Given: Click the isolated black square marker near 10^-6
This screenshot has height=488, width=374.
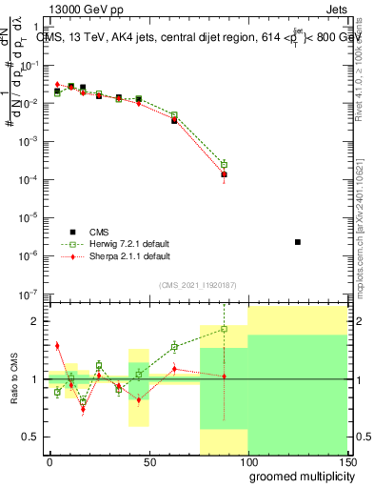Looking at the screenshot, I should tap(298, 242).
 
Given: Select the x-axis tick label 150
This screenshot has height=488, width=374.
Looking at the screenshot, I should tap(347, 461).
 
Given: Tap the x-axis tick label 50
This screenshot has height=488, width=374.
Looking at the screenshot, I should tap(148, 461).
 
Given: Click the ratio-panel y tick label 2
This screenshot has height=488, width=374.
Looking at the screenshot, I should tap(36, 321).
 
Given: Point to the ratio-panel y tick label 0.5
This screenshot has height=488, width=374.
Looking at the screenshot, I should tap(32, 437).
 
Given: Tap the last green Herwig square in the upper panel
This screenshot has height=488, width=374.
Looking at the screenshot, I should tap(225, 164).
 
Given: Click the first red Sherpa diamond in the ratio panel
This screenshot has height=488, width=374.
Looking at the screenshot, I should tap(57, 345).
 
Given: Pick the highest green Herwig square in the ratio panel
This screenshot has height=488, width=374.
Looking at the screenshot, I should tap(225, 329).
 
